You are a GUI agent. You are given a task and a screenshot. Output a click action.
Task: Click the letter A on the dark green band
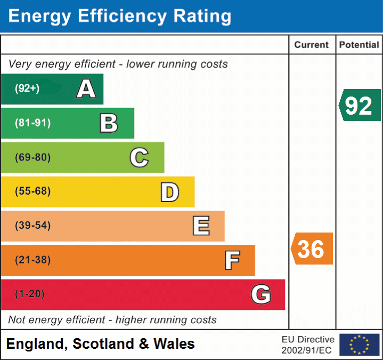tap(86, 89)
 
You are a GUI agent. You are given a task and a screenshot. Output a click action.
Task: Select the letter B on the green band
tap(109, 123)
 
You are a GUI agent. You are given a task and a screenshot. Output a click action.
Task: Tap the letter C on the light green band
tap(139, 157)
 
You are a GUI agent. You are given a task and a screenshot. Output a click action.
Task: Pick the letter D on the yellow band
tap(169, 192)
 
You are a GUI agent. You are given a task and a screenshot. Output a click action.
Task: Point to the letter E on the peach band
tap(201, 226)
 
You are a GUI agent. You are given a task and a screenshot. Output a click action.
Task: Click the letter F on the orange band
tap(232, 260)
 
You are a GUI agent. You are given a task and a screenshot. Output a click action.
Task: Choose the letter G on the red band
tap(261, 294)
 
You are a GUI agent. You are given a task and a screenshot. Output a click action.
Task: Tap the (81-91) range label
tap(32, 123)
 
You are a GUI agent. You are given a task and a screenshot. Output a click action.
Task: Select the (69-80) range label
tap(32, 157)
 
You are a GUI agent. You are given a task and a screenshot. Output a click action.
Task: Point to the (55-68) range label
tap(32, 191)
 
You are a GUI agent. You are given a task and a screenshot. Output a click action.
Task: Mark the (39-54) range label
tap(32, 226)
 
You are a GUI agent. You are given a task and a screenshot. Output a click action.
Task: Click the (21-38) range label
tap(32, 260)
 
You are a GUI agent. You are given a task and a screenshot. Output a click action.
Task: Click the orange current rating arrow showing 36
tap(312, 249)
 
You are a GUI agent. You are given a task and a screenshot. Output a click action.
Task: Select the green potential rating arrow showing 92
tap(360, 106)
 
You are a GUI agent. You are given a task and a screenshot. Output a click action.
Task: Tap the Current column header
tap(312, 45)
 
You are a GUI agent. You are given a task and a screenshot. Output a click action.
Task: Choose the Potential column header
tap(359, 45)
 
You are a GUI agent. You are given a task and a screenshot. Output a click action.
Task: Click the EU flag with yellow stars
tap(359, 345)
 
